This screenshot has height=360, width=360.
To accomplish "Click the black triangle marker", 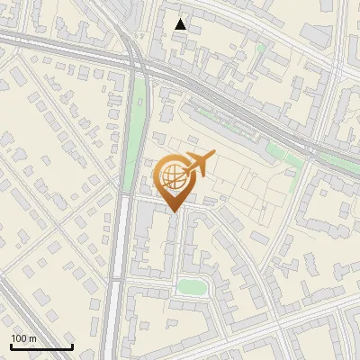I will point(181,24).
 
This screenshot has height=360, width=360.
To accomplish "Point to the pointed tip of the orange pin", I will point(174,211).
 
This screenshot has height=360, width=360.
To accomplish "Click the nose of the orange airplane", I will point(212,157).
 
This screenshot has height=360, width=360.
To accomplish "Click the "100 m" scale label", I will point(23,338).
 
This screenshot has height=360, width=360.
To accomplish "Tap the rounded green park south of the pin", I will point(191,287).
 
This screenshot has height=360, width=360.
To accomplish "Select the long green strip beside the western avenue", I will point(137,126).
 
